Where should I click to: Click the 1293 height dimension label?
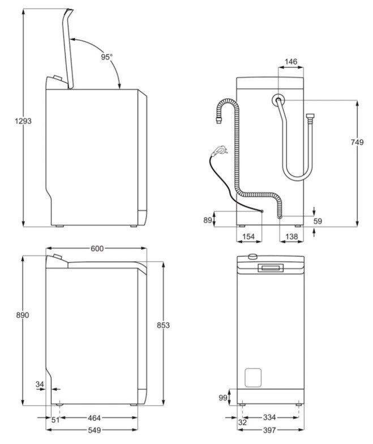[23, 121]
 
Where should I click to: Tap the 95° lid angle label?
[106, 57]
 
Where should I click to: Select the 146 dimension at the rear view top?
[291, 61]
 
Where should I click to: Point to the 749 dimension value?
[357, 142]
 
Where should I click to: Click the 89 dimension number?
[208, 220]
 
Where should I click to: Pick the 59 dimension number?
[318, 221]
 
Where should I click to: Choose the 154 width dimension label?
[248, 237]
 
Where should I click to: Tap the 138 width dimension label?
[292, 237]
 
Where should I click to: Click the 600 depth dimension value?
[97, 249]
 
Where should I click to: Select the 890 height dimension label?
[23, 315]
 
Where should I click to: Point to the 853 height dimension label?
[163, 325]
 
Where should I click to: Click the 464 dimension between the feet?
[94, 418]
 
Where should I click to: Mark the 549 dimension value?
[94, 430]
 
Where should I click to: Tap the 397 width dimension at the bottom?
[269, 430]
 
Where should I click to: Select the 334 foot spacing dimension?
[269, 417]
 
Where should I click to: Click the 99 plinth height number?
[223, 398]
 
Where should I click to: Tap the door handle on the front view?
[271, 267]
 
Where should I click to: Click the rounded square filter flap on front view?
[252, 377]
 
